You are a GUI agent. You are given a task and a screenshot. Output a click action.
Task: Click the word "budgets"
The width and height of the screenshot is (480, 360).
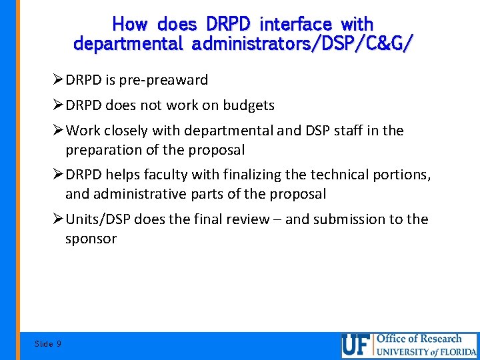tap(248, 105)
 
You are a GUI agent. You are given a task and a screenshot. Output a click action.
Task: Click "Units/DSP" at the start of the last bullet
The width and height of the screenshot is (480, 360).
tap(97, 219)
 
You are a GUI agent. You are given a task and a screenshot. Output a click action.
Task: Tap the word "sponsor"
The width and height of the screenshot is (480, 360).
tap(91, 239)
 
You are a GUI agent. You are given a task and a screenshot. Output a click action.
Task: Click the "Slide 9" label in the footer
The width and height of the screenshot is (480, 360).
tap(47, 344)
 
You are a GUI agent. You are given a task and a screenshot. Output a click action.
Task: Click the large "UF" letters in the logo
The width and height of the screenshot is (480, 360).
tap(356, 345)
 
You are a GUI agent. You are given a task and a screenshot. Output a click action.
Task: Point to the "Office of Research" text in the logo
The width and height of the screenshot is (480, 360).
tap(419, 339)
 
